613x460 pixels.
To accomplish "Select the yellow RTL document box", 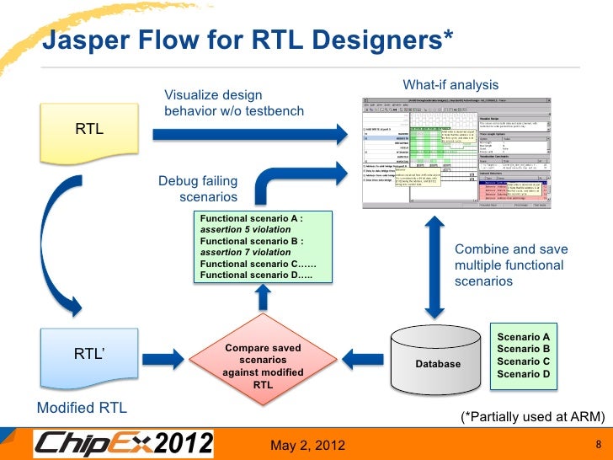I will [x=89, y=131].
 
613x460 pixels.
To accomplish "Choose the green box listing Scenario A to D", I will [x=523, y=356].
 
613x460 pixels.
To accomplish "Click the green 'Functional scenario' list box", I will [x=263, y=246].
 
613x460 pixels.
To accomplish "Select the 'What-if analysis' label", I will [x=450, y=85].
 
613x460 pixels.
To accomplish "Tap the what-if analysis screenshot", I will [x=456, y=152].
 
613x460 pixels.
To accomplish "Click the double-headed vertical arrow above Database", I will [x=434, y=266].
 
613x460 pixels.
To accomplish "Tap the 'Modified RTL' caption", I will [x=82, y=408].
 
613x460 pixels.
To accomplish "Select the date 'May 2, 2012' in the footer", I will [x=307, y=444].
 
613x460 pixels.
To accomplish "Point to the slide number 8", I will [x=597, y=444].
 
